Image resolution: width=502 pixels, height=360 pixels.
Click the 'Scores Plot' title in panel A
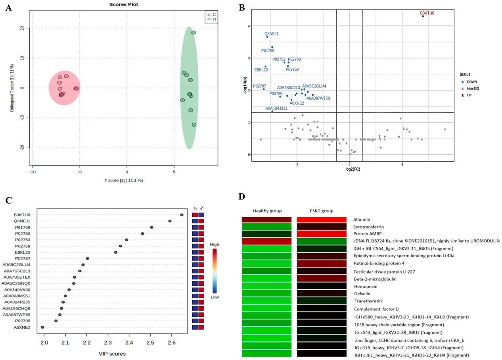(121, 4)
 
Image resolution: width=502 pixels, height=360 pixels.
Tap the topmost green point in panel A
(194, 33)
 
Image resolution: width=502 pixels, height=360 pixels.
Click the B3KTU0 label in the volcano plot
(427, 13)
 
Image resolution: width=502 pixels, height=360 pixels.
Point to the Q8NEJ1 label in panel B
(272, 34)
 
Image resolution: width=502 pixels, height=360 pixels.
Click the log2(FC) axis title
(349, 169)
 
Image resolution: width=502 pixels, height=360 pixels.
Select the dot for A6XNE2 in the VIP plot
(42, 327)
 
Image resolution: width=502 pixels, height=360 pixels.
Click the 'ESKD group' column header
(321, 210)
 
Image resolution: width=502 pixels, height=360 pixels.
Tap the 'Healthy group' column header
(266, 210)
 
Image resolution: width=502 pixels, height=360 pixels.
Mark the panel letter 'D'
(241, 197)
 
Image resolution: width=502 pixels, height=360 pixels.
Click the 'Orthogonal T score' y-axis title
(12, 87)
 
